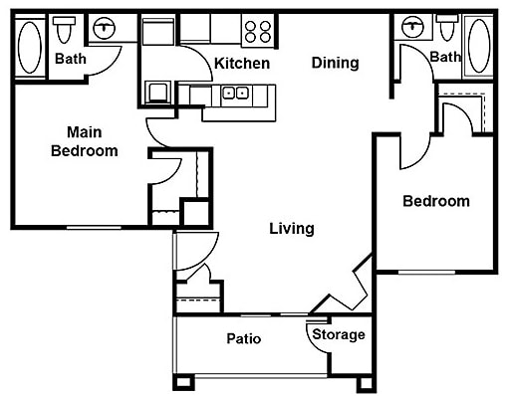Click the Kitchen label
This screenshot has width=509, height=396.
click(x=242, y=63)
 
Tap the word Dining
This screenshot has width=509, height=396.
click(x=335, y=63)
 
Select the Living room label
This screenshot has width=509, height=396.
click(x=292, y=229)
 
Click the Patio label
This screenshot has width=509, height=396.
click(x=243, y=339)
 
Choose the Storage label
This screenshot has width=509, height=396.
click(x=339, y=335)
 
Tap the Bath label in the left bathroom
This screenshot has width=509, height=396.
click(x=70, y=59)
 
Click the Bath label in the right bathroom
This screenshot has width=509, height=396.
click(x=445, y=57)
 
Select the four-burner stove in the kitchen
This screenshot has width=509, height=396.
click(x=258, y=31)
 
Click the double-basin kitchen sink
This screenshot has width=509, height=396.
click(x=235, y=94)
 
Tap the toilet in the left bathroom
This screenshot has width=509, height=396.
click(x=67, y=31)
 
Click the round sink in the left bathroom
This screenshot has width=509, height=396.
click(x=104, y=30)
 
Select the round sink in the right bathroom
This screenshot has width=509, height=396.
click(x=409, y=28)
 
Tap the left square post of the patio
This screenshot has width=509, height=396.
click(x=181, y=382)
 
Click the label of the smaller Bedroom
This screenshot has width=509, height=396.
click(x=435, y=201)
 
